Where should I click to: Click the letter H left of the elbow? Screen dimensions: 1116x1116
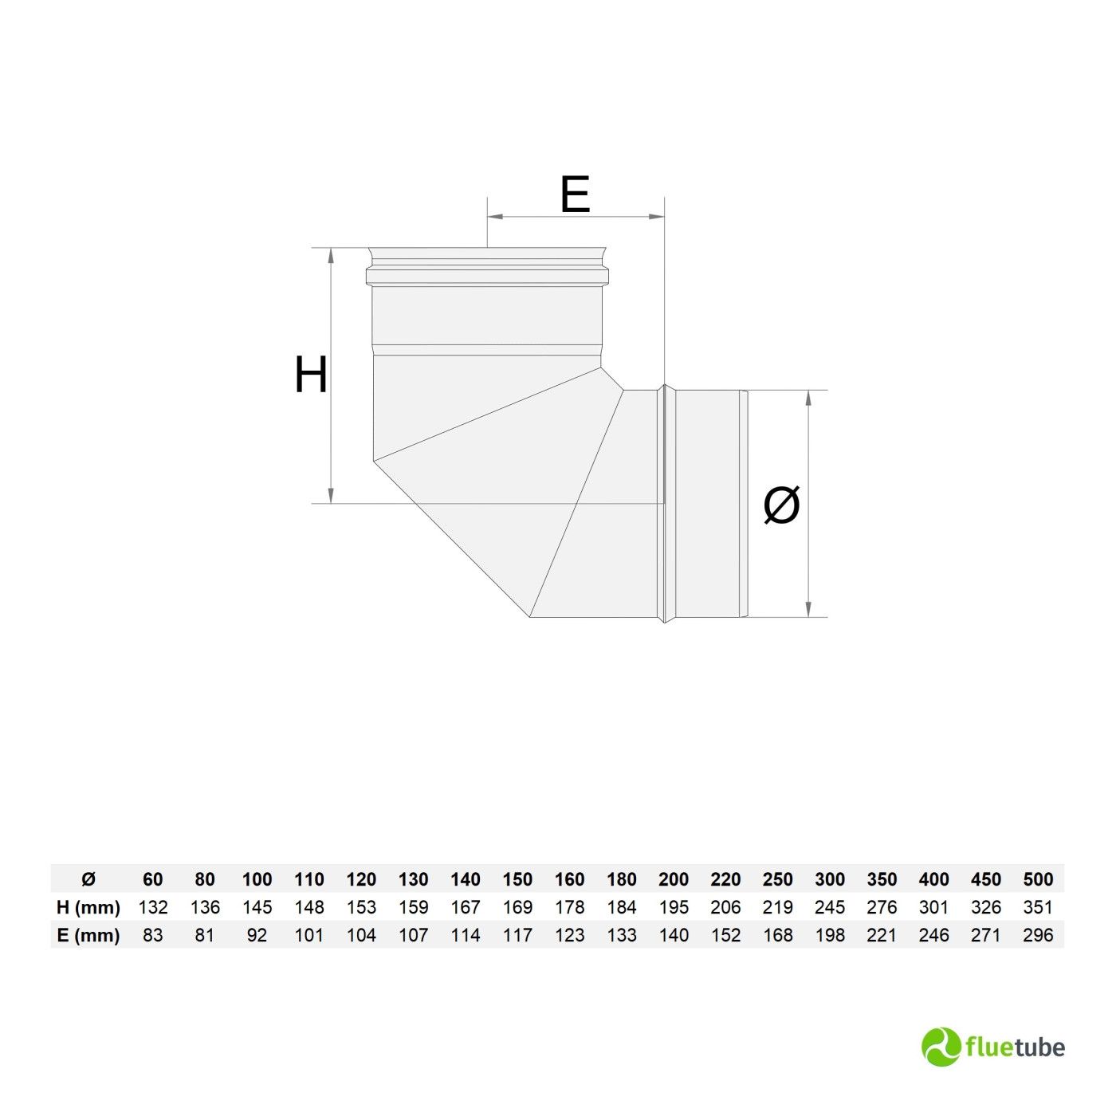[x=311, y=375]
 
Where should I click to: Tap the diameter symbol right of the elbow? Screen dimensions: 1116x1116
[x=781, y=504]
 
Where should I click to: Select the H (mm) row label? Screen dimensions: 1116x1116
[x=88, y=907]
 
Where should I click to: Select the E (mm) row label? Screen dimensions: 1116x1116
[x=88, y=935]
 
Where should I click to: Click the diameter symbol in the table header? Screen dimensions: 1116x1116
[x=88, y=880]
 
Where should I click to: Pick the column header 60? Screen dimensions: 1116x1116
[x=153, y=880]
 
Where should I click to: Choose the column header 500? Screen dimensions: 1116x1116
[x=1038, y=880]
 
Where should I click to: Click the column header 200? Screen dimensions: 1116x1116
[x=674, y=880]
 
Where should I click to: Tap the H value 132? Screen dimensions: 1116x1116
[x=153, y=907]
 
